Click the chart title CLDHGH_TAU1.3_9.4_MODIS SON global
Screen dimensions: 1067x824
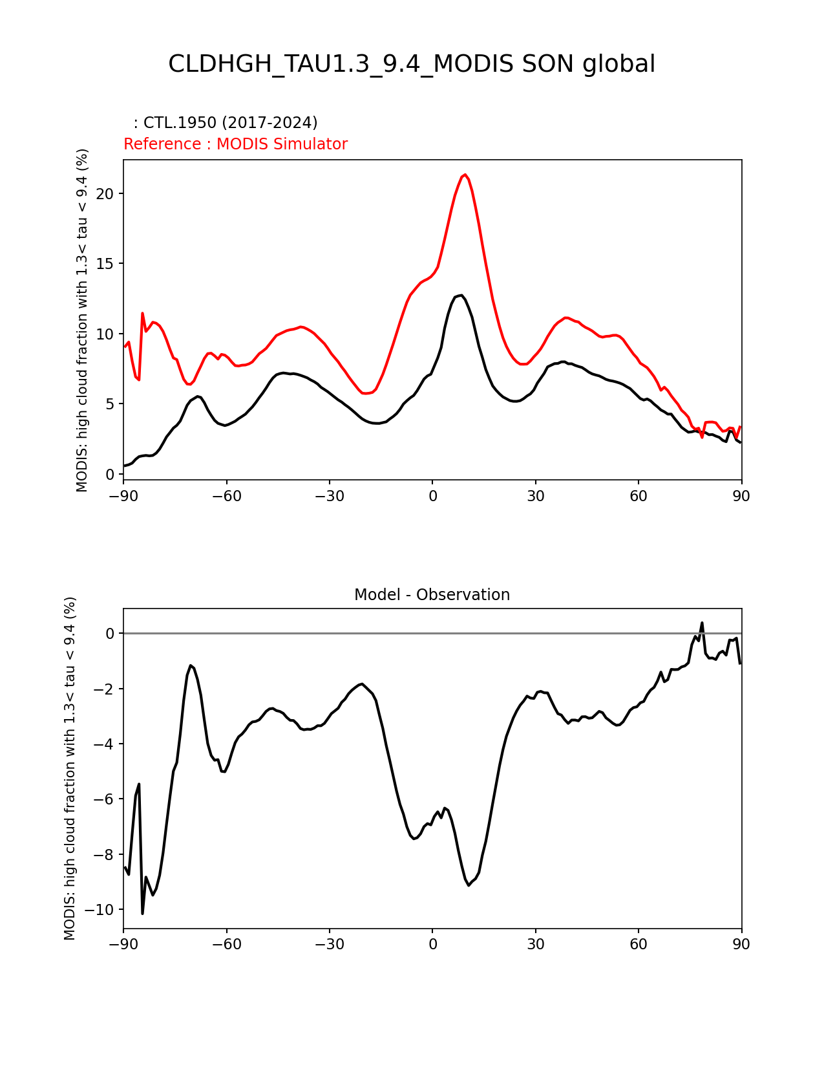pyautogui.click(x=412, y=64)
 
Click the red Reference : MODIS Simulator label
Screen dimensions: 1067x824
pyautogui.click(x=235, y=144)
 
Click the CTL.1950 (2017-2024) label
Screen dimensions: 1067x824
pyautogui.click(x=226, y=123)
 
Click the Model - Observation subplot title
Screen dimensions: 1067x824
pyautogui.click(x=432, y=595)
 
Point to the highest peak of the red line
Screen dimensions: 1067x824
pyautogui.click(x=464, y=175)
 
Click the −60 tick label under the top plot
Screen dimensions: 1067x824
pyautogui.click(x=226, y=496)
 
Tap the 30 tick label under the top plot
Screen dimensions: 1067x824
pyautogui.click(x=535, y=496)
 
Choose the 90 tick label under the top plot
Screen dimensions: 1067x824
pyautogui.click(x=741, y=496)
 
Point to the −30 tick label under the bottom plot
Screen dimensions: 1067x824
pyautogui.click(x=329, y=945)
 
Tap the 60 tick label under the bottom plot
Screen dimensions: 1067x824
pyautogui.click(x=638, y=945)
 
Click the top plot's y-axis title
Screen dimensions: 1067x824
pyautogui.click(x=82, y=320)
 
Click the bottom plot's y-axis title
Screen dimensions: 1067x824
pyautogui.click(x=70, y=768)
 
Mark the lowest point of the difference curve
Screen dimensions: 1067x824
pyautogui.click(x=143, y=912)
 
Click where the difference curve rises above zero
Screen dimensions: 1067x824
pyautogui.click(x=702, y=624)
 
